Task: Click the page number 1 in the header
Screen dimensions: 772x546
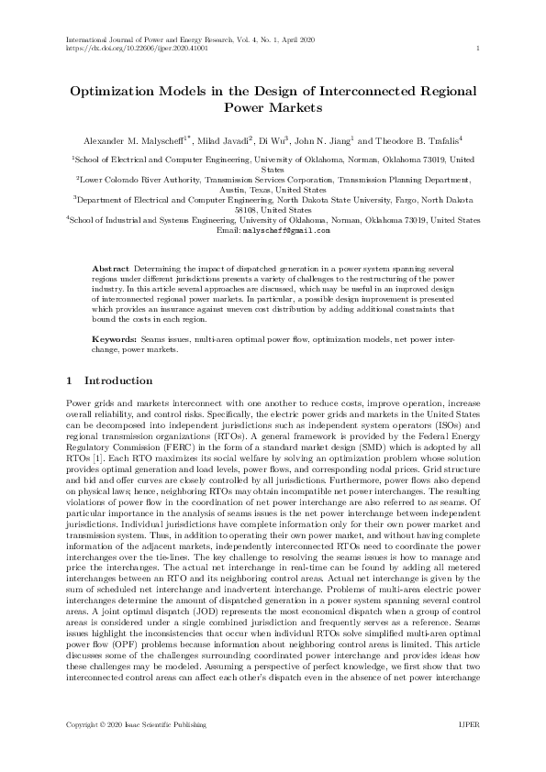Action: (479, 49)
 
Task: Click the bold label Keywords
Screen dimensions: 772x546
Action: (116, 338)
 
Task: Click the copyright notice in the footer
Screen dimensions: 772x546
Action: (137, 724)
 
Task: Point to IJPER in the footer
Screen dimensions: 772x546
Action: (468, 724)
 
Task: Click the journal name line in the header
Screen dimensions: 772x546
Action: (184, 40)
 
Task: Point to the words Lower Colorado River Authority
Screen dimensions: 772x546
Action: (136, 181)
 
